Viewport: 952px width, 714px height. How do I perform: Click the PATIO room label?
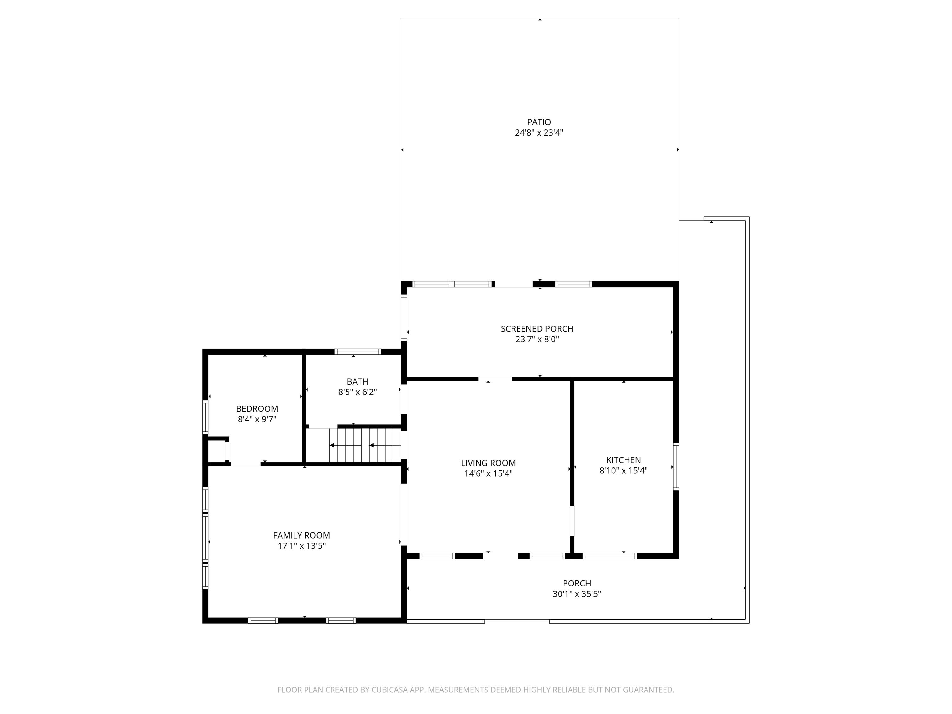(x=539, y=122)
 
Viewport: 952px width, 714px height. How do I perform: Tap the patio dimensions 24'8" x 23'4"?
(x=539, y=133)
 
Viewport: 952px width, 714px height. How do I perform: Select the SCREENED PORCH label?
(x=537, y=329)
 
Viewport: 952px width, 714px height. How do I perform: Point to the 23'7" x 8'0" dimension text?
(x=537, y=340)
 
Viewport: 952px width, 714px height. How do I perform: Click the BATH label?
(x=357, y=382)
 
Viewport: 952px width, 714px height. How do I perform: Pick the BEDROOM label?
(x=257, y=409)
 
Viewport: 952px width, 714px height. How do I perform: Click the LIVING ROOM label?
(x=488, y=463)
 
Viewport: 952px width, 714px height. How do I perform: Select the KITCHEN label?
(x=623, y=460)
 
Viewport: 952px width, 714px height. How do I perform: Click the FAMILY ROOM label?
(x=301, y=535)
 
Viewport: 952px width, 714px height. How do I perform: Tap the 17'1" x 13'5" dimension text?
(x=301, y=546)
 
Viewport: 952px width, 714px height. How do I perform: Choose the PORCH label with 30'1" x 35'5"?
(x=577, y=584)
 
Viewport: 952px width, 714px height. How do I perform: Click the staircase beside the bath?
(x=365, y=446)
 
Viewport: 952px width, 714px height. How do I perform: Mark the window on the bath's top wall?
(x=358, y=352)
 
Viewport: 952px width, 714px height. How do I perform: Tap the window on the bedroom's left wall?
(x=205, y=417)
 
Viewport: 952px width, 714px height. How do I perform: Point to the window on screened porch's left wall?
(x=404, y=317)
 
